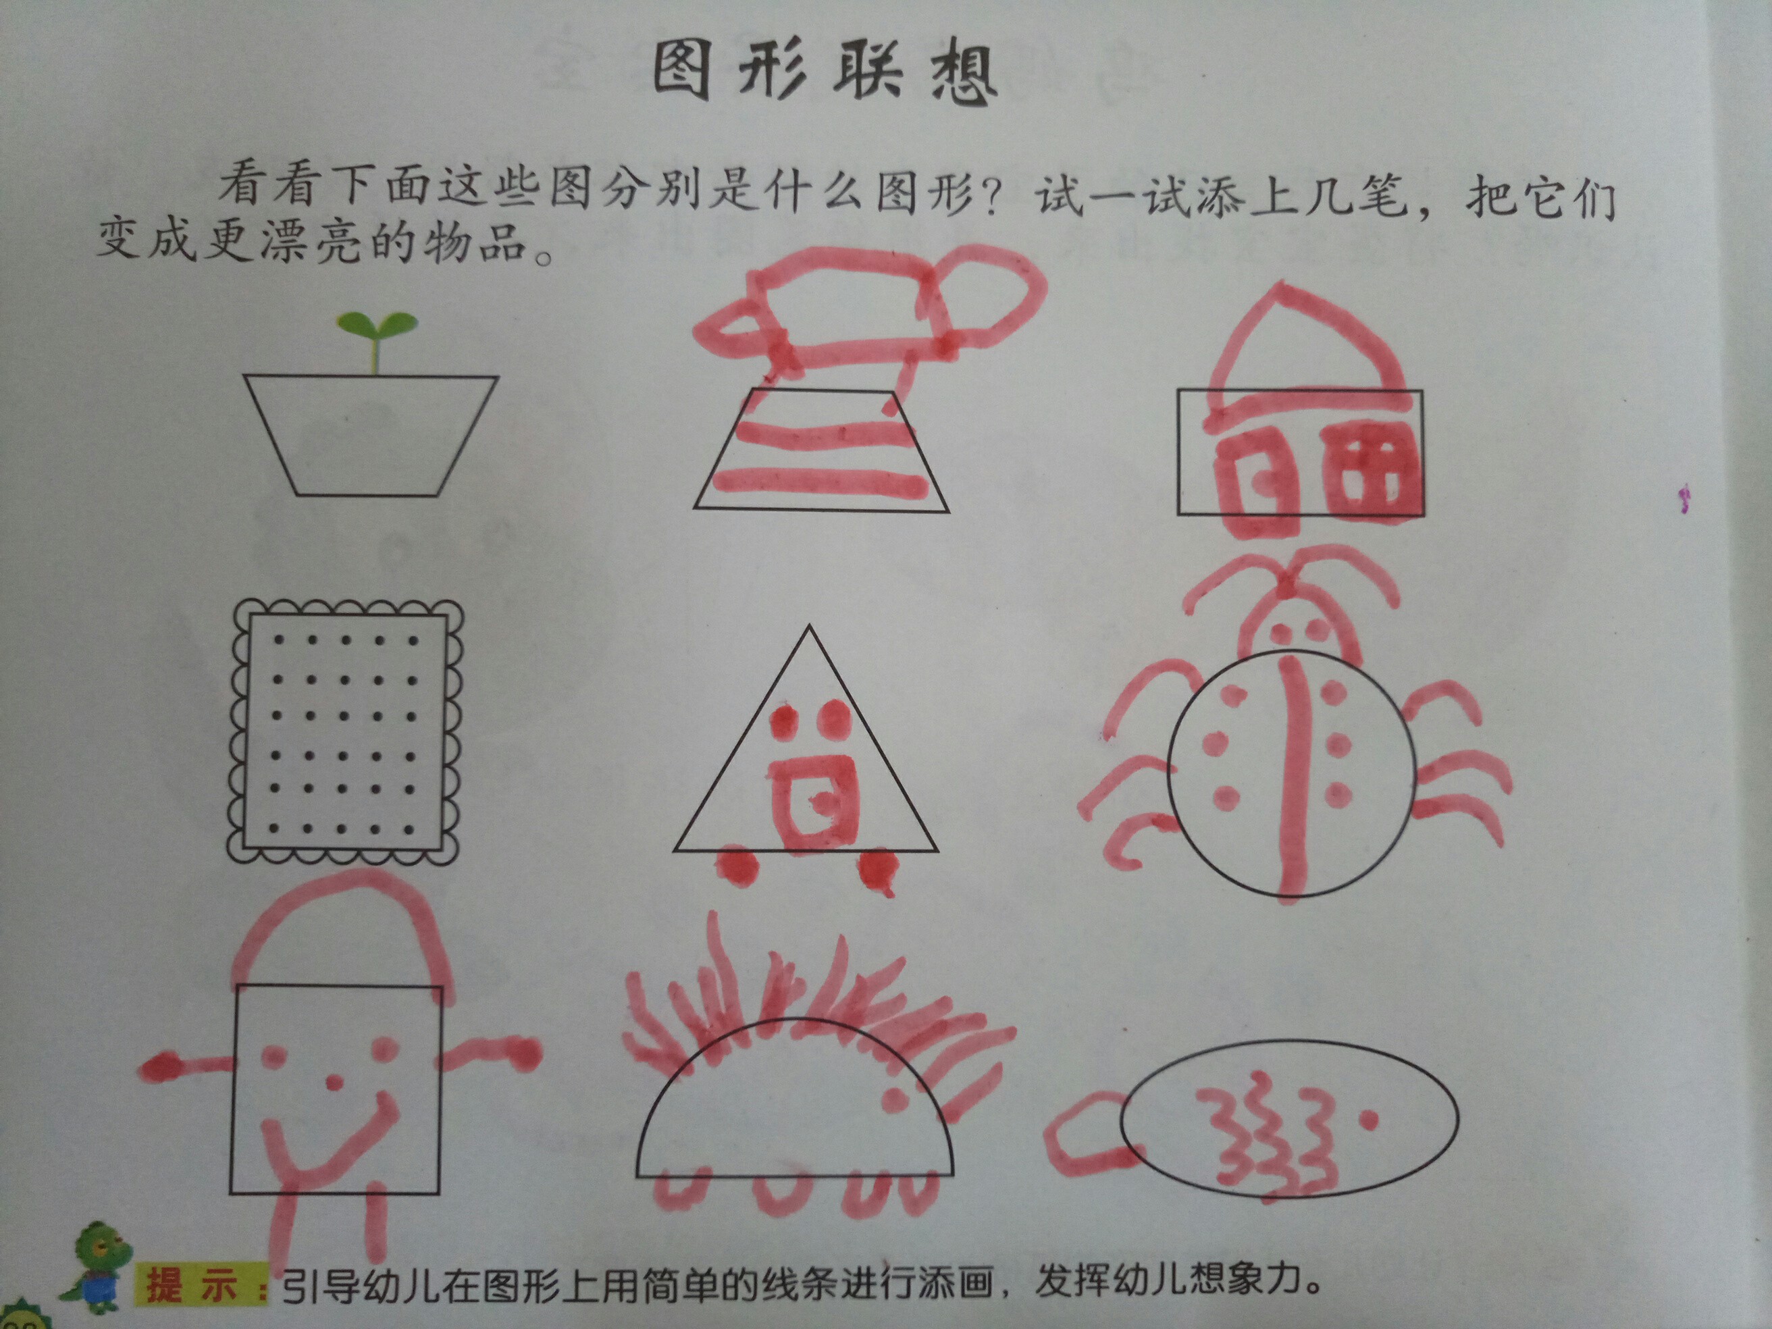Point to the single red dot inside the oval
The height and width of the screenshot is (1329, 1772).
(x=1369, y=1119)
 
